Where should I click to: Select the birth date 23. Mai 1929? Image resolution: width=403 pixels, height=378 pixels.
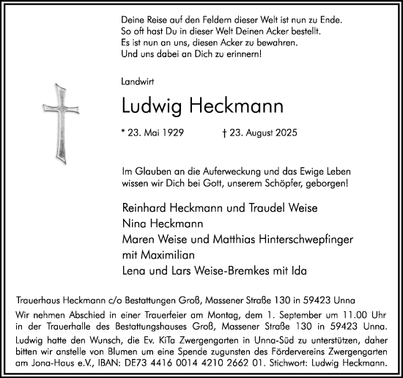coord(158,135)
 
